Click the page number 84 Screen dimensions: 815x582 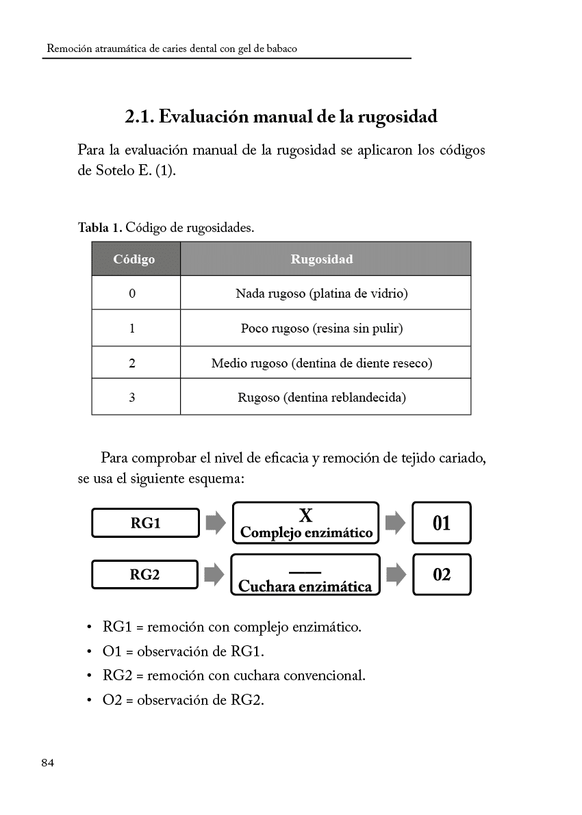coord(47,763)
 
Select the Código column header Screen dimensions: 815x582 coord(134,259)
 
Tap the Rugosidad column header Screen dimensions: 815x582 coord(322,259)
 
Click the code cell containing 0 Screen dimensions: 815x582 coord(132,294)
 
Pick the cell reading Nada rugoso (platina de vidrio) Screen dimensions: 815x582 coord(322,294)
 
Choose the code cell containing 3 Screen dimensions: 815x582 coord(132,397)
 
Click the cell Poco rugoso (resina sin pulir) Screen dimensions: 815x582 coord(322,328)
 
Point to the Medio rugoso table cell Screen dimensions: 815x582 coord(322,363)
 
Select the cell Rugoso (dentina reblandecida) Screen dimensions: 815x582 coord(322,397)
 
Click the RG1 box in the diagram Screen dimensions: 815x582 coord(145,523)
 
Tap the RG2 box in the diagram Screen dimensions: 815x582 coord(145,575)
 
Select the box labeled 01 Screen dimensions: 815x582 coord(442,523)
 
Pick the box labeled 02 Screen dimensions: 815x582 coord(442,575)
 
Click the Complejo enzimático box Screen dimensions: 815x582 coord(306,523)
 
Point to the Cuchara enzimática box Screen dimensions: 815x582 coord(305,575)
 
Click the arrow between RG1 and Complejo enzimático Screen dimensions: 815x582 coord(216,523)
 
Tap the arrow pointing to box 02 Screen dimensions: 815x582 coord(396,575)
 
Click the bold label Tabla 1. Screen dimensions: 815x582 coord(101,227)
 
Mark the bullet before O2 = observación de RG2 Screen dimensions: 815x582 coord(90,701)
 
